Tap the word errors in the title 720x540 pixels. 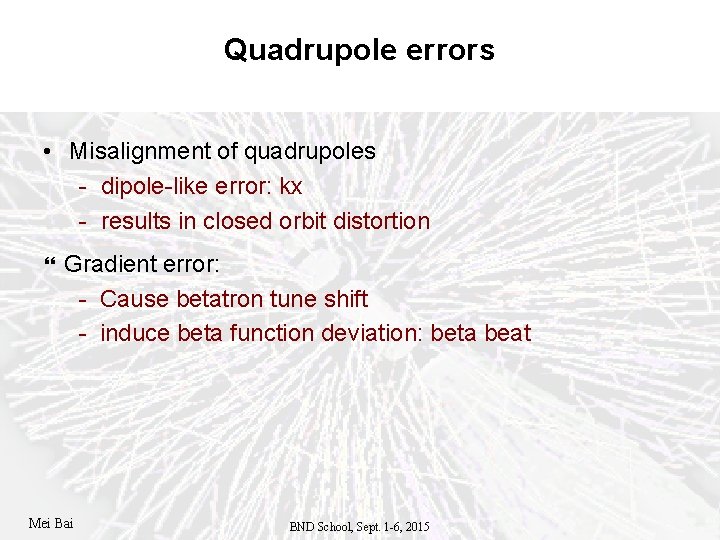[447, 50]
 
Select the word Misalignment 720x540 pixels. [140, 152]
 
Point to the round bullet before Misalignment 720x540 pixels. [48, 152]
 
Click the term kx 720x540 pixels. [292, 187]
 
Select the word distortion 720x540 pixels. [380, 221]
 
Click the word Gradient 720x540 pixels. [105, 264]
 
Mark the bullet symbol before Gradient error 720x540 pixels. [52, 265]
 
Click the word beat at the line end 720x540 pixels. [507, 333]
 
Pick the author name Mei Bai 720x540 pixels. [51, 522]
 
